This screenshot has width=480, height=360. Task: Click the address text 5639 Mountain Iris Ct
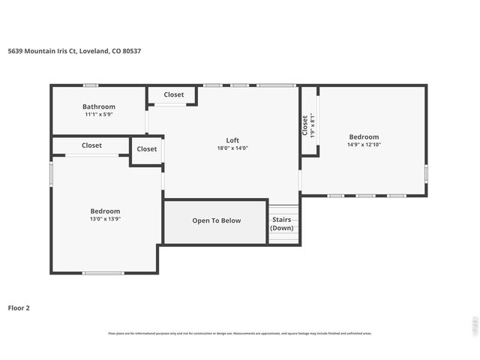[x=73, y=51]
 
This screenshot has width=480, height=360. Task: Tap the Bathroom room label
[x=99, y=106]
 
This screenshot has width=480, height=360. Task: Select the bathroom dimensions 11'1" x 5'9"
[x=99, y=115]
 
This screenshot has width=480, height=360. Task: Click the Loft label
[x=232, y=140]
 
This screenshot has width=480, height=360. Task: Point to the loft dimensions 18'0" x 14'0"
[x=232, y=148]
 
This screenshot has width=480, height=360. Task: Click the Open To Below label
[x=216, y=220]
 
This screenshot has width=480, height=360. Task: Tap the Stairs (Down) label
[x=282, y=223]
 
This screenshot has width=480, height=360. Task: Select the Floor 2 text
[x=19, y=307]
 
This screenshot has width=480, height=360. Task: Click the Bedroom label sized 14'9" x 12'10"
[x=364, y=136]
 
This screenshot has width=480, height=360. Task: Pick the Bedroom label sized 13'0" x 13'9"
[x=105, y=211]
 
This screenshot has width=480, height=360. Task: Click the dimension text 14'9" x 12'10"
[x=364, y=145]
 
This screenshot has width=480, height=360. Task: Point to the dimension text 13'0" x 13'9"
[x=105, y=219]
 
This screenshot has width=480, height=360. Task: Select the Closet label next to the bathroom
[x=174, y=94]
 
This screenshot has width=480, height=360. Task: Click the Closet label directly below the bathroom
[x=91, y=145]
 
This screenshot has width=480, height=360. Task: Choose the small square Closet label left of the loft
[x=147, y=148]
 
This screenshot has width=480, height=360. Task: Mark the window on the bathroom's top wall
[x=91, y=85]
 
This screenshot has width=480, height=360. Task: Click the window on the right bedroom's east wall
[x=426, y=173]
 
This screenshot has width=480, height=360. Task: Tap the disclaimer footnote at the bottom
[x=240, y=333]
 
